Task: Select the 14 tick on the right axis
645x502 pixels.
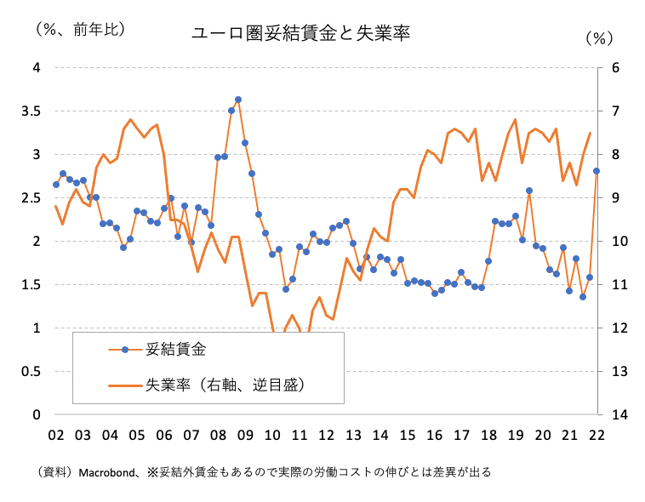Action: [x=620, y=414]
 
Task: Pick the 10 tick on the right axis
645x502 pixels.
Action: [x=620, y=241]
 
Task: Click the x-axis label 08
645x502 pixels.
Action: [x=218, y=435]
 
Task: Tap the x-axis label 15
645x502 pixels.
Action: [x=408, y=435]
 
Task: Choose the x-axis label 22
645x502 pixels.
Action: [x=597, y=435]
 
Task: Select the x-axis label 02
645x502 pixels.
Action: [x=56, y=435]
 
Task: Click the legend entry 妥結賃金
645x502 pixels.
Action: [x=175, y=349]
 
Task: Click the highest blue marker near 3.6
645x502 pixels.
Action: [x=238, y=100]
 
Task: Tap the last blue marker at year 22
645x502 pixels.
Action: [x=596, y=171]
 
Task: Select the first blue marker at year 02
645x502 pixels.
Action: [x=56, y=185]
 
